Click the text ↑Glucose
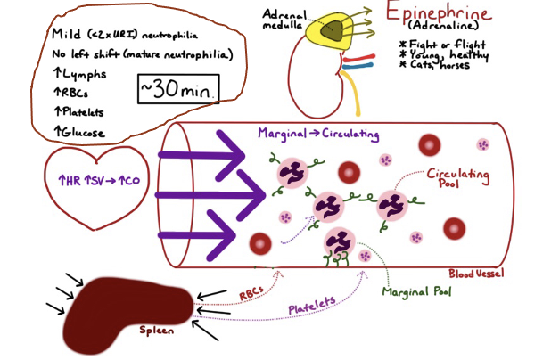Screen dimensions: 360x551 (79, 133)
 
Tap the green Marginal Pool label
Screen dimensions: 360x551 (415, 291)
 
